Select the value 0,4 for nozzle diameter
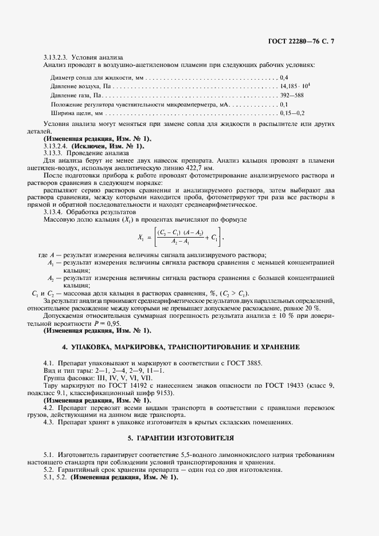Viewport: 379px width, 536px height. tap(284, 77)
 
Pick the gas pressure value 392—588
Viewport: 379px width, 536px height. tap(292, 95)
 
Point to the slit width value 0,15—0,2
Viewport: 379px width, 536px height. tap(292, 114)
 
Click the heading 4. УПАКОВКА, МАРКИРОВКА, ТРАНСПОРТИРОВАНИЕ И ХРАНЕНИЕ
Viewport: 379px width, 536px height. tap(189, 348)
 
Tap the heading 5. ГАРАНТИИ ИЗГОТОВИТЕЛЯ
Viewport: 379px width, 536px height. tap(189, 438)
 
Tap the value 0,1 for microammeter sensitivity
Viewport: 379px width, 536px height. tap(283, 105)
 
